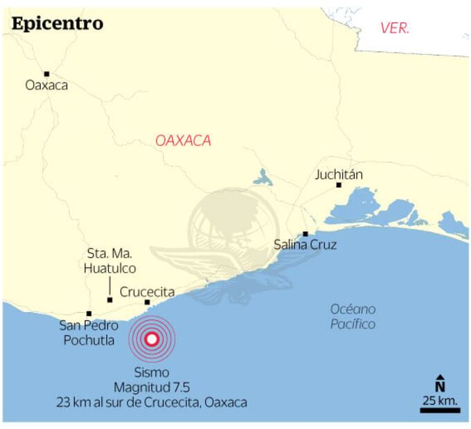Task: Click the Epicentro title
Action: click(x=57, y=24)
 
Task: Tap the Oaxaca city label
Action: click(x=46, y=86)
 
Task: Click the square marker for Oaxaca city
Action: click(x=46, y=73)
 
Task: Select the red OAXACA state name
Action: click(x=183, y=140)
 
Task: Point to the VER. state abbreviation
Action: click(x=395, y=28)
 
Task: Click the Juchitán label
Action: click(x=339, y=174)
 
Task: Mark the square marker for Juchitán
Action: click(x=339, y=185)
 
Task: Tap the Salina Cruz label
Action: click(x=305, y=244)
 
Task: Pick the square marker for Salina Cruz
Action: click(x=305, y=234)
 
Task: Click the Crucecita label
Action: click(x=148, y=292)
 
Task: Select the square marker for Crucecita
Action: click(x=148, y=302)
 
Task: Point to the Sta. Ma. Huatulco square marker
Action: click(x=110, y=300)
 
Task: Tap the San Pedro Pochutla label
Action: click(x=89, y=333)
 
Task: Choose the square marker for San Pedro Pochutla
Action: click(x=89, y=313)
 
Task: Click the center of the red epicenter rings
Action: click(x=152, y=339)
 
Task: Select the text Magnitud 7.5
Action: click(x=152, y=387)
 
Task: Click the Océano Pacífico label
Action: click(x=353, y=317)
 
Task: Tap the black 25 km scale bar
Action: click(x=440, y=410)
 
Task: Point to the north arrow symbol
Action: click(x=440, y=383)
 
